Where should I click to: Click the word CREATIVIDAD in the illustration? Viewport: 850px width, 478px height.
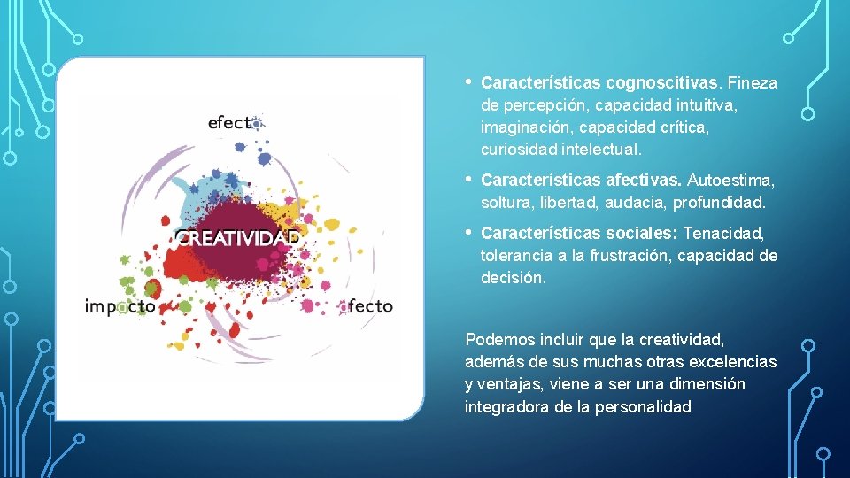pyautogui.click(x=236, y=239)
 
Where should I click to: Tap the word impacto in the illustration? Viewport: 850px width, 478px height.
pyautogui.click(x=120, y=306)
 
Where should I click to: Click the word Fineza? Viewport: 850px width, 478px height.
pyautogui.click(x=752, y=83)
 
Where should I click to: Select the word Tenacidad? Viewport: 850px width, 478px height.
pyautogui.click(x=724, y=234)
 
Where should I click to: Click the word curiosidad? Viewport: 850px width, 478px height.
pyautogui.click(x=516, y=150)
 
